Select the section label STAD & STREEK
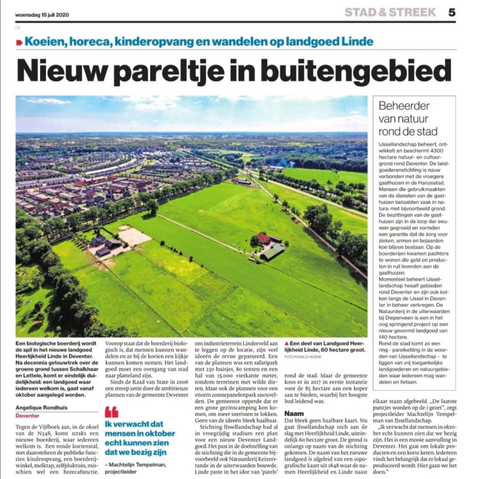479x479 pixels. [390, 12]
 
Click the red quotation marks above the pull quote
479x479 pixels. [111, 412]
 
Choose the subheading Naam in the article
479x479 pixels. [294, 396]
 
